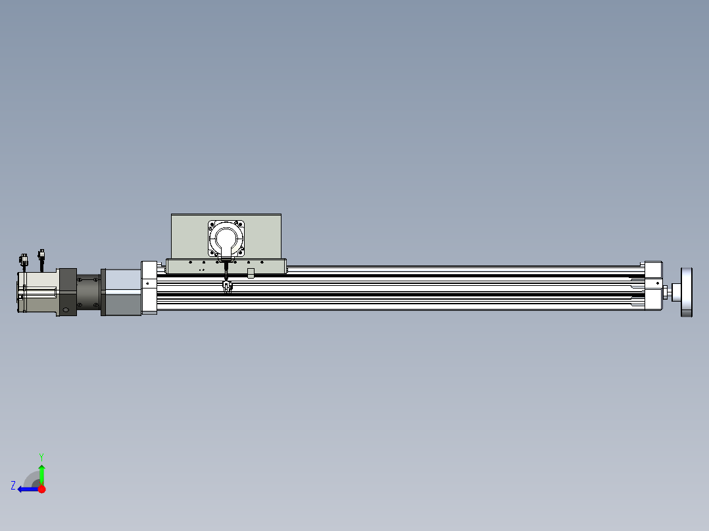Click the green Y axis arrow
tap(41, 474)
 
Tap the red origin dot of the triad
tap(41, 489)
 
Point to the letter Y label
tap(41, 457)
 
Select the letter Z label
tap(13, 486)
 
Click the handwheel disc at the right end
tap(687, 292)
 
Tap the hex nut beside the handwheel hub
tap(665, 292)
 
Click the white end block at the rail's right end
tap(653, 286)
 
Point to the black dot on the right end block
tap(658, 283)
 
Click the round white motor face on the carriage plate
tap(226, 238)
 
